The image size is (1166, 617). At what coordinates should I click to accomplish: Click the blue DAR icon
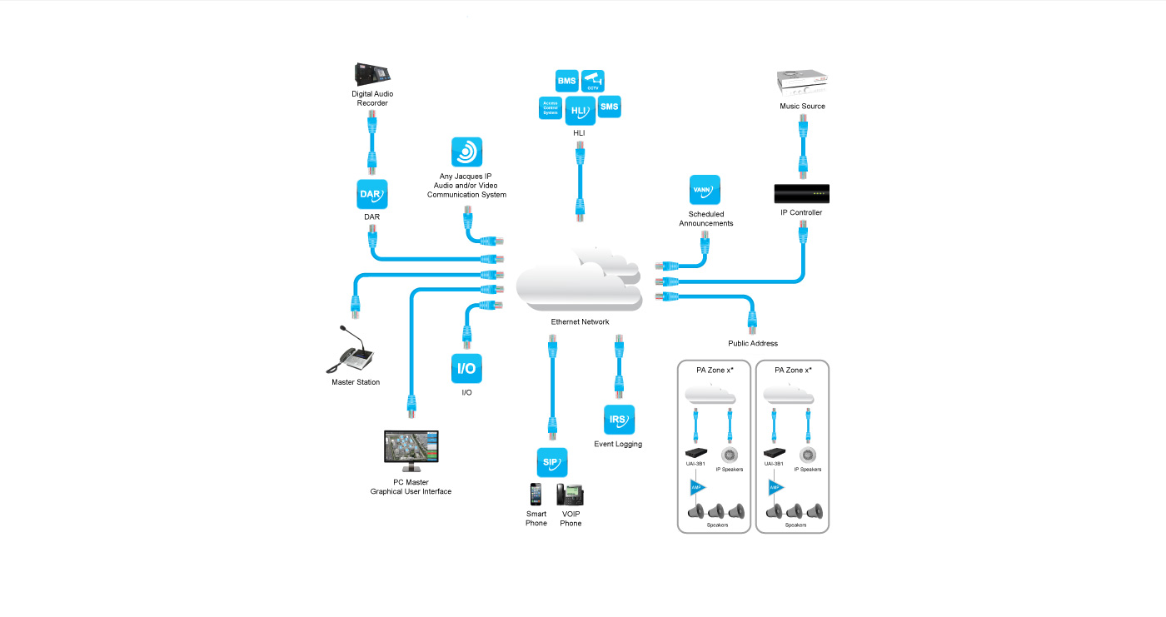[x=371, y=194]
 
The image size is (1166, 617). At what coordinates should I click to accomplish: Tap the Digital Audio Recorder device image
[x=371, y=74]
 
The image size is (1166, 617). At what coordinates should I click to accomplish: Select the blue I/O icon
[x=466, y=368]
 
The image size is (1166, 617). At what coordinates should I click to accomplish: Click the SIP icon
[x=551, y=462]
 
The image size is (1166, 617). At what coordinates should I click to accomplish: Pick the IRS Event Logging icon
[x=619, y=420]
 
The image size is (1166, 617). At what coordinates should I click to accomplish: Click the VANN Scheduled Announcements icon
[x=705, y=190]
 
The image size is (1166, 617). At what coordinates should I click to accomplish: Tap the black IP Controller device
[x=801, y=194]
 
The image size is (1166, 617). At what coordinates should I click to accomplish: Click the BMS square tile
[x=567, y=81]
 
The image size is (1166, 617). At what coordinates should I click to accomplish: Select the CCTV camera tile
[x=593, y=81]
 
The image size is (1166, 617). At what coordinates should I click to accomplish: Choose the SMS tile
[x=610, y=107]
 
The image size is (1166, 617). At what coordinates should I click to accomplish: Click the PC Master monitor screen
[x=411, y=450]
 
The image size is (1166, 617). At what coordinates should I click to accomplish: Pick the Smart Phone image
[x=536, y=495]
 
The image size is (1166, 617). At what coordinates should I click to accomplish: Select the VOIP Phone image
[x=571, y=495]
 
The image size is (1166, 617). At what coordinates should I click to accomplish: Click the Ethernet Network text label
[x=580, y=322]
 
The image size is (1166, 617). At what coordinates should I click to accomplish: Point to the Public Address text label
[x=752, y=343]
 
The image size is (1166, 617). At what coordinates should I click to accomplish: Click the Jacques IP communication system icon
[x=466, y=152]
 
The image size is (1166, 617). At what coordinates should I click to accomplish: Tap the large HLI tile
[x=580, y=111]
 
